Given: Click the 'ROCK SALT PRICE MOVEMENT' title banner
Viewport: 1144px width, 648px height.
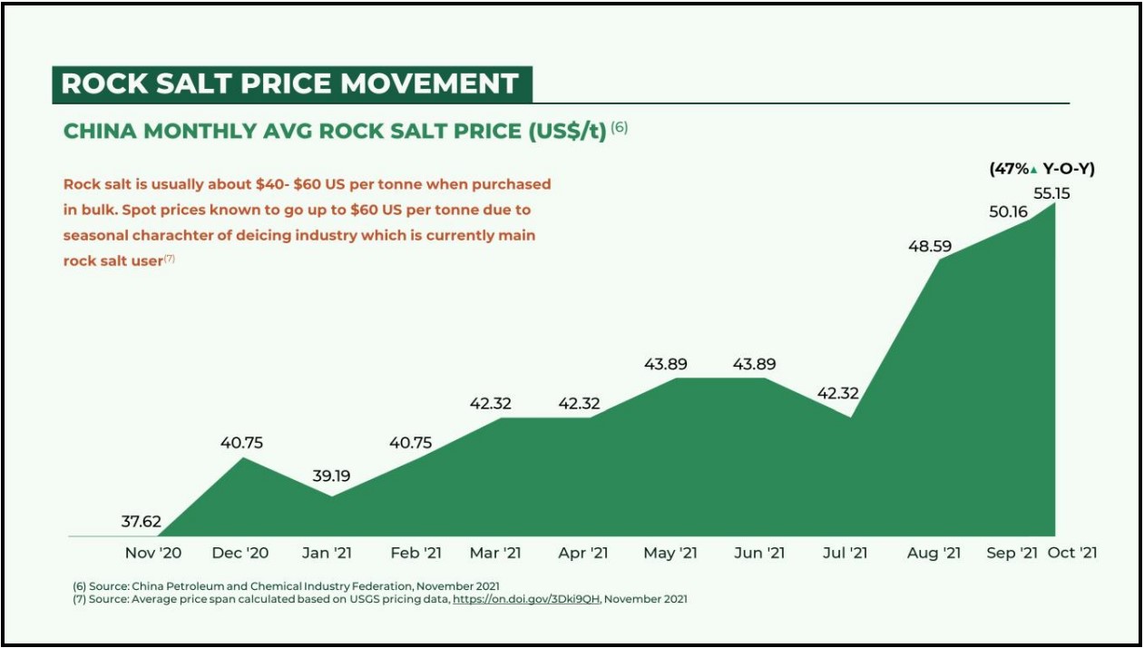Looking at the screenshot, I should click(289, 83).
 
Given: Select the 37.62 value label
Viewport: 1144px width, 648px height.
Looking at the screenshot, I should click(142, 522).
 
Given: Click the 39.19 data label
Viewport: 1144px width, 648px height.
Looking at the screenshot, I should click(331, 476).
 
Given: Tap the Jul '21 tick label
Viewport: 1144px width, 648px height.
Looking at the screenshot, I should click(846, 553).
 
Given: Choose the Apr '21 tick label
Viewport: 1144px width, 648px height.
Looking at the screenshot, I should click(582, 553).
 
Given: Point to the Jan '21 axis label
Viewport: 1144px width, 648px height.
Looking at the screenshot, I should click(327, 553).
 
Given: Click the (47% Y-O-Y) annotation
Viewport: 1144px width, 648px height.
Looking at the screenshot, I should click(1041, 169).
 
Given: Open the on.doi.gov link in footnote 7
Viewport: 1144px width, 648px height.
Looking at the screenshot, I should click(527, 599).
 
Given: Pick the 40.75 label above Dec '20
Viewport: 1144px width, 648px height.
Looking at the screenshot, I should click(241, 443).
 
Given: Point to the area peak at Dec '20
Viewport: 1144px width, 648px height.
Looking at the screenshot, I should click(243, 458).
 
